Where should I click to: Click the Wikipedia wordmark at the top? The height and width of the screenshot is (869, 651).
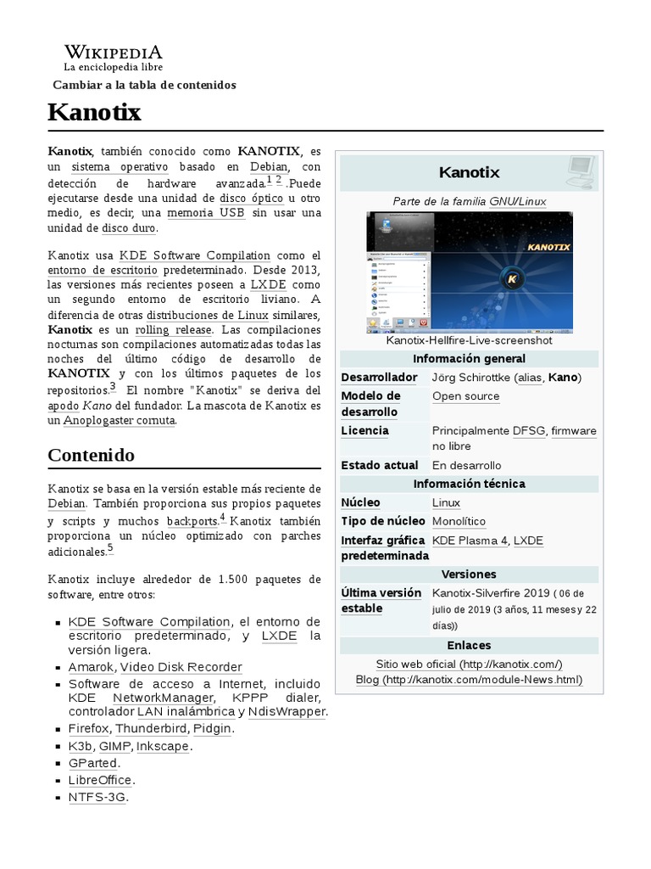(x=113, y=53)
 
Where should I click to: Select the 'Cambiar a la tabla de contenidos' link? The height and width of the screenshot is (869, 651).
(x=144, y=85)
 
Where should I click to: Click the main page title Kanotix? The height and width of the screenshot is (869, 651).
(x=94, y=112)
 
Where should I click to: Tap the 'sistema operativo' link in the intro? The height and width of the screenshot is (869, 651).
(x=120, y=166)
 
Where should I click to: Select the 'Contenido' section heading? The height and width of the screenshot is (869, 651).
(x=92, y=455)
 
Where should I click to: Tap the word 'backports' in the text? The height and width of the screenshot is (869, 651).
(x=192, y=520)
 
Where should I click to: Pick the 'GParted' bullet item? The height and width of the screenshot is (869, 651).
(x=93, y=763)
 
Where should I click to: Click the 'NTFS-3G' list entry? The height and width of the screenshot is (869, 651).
(x=97, y=797)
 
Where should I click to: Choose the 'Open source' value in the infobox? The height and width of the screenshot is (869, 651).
(x=465, y=396)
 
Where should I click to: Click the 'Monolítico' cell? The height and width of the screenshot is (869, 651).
(x=459, y=521)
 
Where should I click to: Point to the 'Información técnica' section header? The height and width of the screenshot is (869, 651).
(x=469, y=484)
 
